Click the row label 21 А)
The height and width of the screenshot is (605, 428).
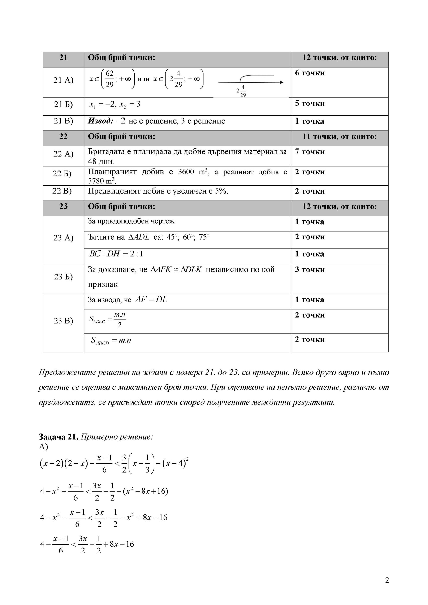point(63,80)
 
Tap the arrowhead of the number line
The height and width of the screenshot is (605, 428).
point(282,82)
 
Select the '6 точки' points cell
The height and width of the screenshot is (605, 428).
point(310,73)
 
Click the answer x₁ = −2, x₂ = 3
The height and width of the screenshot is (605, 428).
point(115,104)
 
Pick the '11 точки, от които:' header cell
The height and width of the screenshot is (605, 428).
point(339,137)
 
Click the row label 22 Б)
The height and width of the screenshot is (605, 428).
point(62,174)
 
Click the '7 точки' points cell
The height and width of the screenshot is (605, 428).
point(310,152)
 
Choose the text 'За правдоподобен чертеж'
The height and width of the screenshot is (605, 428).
point(131,221)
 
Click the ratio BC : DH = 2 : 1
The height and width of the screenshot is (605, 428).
point(116,254)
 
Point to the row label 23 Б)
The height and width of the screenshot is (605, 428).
point(63,277)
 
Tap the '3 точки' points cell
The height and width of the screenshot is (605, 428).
point(310,270)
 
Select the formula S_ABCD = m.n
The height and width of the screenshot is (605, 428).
point(111,341)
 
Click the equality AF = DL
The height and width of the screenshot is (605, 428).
point(151,300)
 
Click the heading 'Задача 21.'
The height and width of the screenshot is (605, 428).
point(59,437)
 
